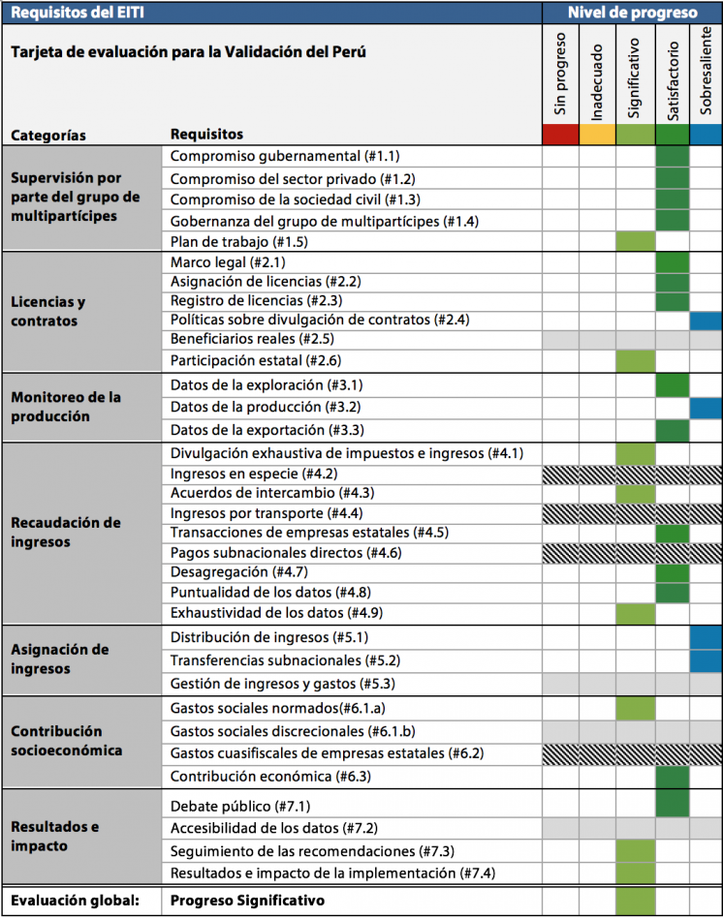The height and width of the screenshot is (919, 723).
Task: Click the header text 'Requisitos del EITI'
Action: coord(78,13)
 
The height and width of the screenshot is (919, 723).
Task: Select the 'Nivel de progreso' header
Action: coord(633,13)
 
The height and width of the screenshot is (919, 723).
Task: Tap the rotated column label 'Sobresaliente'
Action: coord(706,71)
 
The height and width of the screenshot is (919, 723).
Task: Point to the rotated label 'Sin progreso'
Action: coord(560,74)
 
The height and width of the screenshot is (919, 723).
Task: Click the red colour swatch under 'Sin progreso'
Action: coord(560,135)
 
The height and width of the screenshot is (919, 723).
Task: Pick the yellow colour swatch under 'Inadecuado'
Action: coord(597,135)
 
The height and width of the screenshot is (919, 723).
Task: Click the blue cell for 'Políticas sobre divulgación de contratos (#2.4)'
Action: coord(706,321)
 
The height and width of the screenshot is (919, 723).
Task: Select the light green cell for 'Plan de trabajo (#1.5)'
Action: coord(635,241)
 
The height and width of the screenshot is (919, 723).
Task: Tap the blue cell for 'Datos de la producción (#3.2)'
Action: coord(706,408)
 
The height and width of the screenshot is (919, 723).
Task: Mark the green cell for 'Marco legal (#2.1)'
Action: coord(672,262)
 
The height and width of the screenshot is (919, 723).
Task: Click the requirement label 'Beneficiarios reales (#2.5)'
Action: coord(252,339)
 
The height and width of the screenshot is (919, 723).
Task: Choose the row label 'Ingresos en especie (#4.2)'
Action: coord(254,474)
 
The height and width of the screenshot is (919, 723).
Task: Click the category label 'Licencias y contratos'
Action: coord(48,311)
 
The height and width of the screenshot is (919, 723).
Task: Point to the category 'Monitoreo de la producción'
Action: coord(66,407)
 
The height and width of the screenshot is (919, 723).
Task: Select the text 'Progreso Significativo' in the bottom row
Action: coord(247,901)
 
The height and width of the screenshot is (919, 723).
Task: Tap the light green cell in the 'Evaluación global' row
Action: coord(635,901)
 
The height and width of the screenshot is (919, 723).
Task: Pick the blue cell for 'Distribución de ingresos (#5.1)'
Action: coord(706,637)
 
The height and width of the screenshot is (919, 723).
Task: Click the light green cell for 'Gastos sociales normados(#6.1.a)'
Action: coord(635,709)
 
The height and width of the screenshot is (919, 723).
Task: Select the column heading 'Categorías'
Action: coord(48,136)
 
